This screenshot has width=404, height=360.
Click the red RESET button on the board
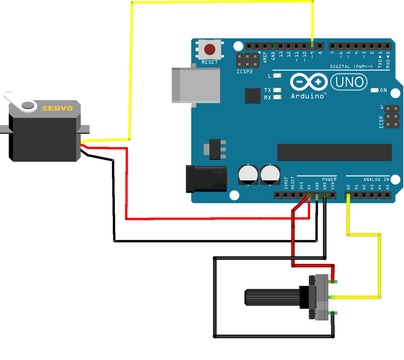coord(209,50)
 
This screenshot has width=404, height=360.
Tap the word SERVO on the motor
coord(57,108)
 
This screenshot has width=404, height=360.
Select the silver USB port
coord(196,86)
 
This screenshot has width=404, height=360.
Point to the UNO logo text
coord(348,82)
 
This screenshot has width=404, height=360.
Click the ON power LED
coord(374,90)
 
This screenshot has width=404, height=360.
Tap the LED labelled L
coord(277,76)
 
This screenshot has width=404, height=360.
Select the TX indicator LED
coord(277,90)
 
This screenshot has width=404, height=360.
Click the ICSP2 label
coord(245,72)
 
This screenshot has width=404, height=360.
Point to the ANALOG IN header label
coord(376,179)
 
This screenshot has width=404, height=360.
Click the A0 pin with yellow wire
coord(348,195)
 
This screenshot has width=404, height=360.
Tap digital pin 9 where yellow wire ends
coord(312,46)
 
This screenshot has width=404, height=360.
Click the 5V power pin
coord(309,195)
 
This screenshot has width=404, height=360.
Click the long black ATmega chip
coord(334,152)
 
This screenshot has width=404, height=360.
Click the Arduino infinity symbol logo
coord(308,82)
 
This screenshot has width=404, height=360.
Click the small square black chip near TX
coord(252,96)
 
